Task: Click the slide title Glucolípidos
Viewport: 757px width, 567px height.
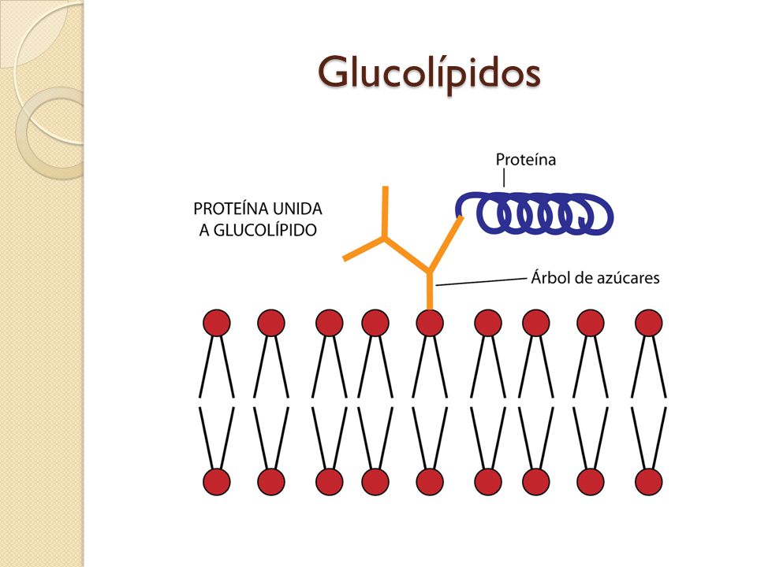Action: [429, 72]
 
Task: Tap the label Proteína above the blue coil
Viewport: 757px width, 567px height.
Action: [525, 160]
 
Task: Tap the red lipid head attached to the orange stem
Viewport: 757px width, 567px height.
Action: [430, 323]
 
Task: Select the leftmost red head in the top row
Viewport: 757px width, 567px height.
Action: [217, 323]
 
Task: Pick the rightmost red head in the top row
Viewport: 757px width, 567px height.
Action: [648, 323]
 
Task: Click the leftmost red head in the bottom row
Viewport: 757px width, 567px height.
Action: [217, 481]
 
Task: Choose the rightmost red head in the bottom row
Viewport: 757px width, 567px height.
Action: [648, 481]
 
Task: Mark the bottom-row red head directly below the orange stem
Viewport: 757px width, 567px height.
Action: [430, 481]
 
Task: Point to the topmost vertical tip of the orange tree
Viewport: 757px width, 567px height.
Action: [385, 190]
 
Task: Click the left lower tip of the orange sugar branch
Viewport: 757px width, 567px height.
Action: [345, 258]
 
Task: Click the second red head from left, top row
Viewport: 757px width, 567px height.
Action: [270, 323]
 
